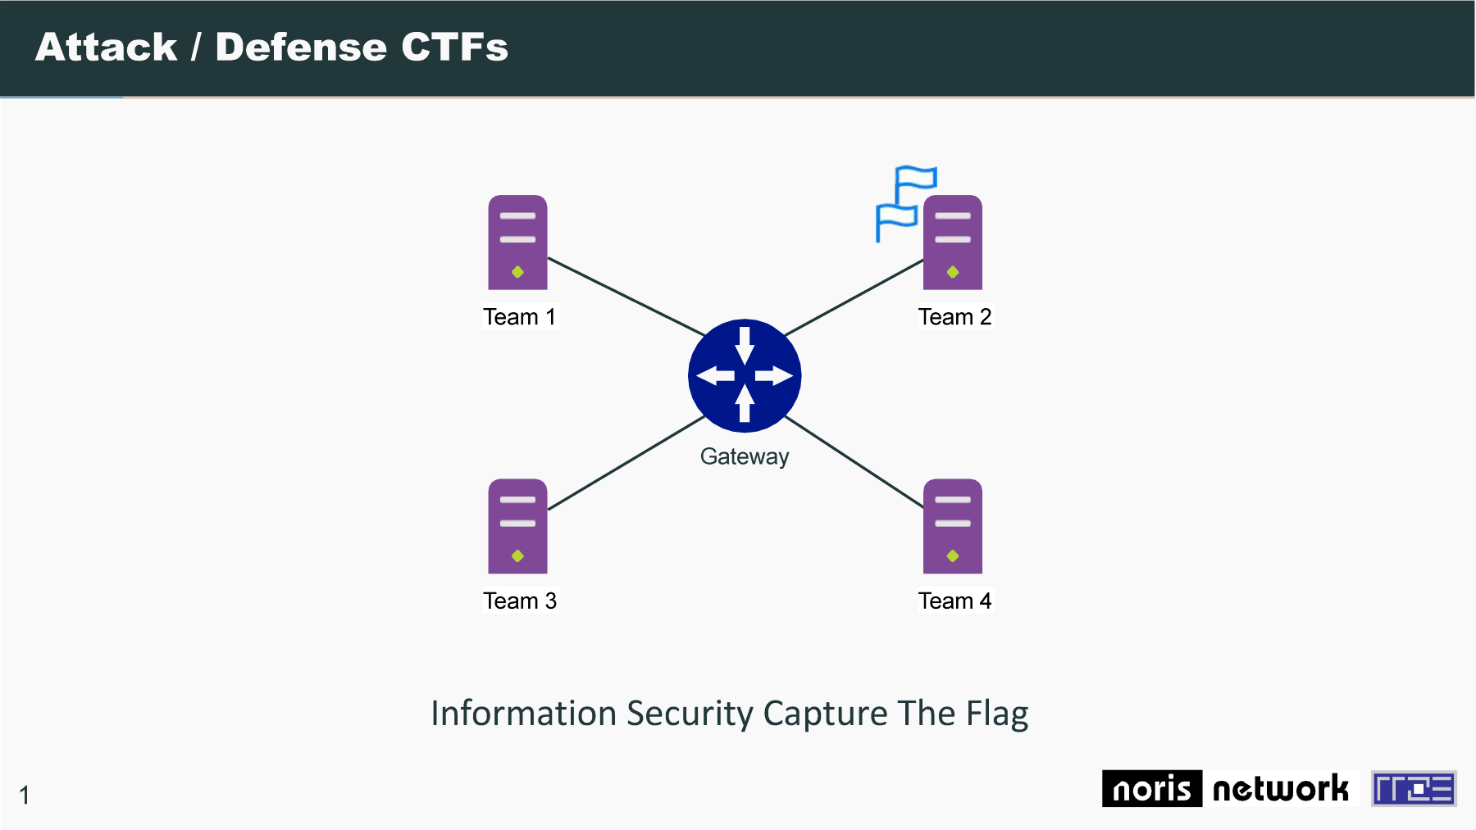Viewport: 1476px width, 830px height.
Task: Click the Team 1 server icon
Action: [517, 243]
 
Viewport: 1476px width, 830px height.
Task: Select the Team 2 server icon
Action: [953, 243]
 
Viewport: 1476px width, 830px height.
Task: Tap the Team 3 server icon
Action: [517, 526]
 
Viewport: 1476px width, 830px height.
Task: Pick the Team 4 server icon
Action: [953, 526]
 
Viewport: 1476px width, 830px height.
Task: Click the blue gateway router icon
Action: [745, 375]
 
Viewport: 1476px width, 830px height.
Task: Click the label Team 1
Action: [519, 317]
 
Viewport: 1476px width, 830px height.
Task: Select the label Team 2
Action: [954, 317]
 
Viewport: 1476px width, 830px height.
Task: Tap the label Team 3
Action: [520, 601]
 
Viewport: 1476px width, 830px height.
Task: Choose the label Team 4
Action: [954, 601]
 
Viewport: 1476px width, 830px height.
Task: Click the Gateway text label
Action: [745, 456]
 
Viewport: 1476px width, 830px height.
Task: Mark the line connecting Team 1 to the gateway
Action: [626, 297]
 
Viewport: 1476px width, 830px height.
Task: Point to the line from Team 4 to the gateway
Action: [854, 462]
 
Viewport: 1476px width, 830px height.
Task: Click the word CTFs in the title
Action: [454, 47]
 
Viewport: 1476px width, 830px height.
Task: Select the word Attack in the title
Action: [106, 47]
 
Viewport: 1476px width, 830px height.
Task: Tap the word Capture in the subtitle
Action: [825, 714]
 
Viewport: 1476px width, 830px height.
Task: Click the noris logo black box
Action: [1152, 788]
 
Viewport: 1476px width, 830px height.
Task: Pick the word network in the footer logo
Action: [1280, 789]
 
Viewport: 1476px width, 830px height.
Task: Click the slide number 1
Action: [25, 795]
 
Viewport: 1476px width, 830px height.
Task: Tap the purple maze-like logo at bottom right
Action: [1414, 788]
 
